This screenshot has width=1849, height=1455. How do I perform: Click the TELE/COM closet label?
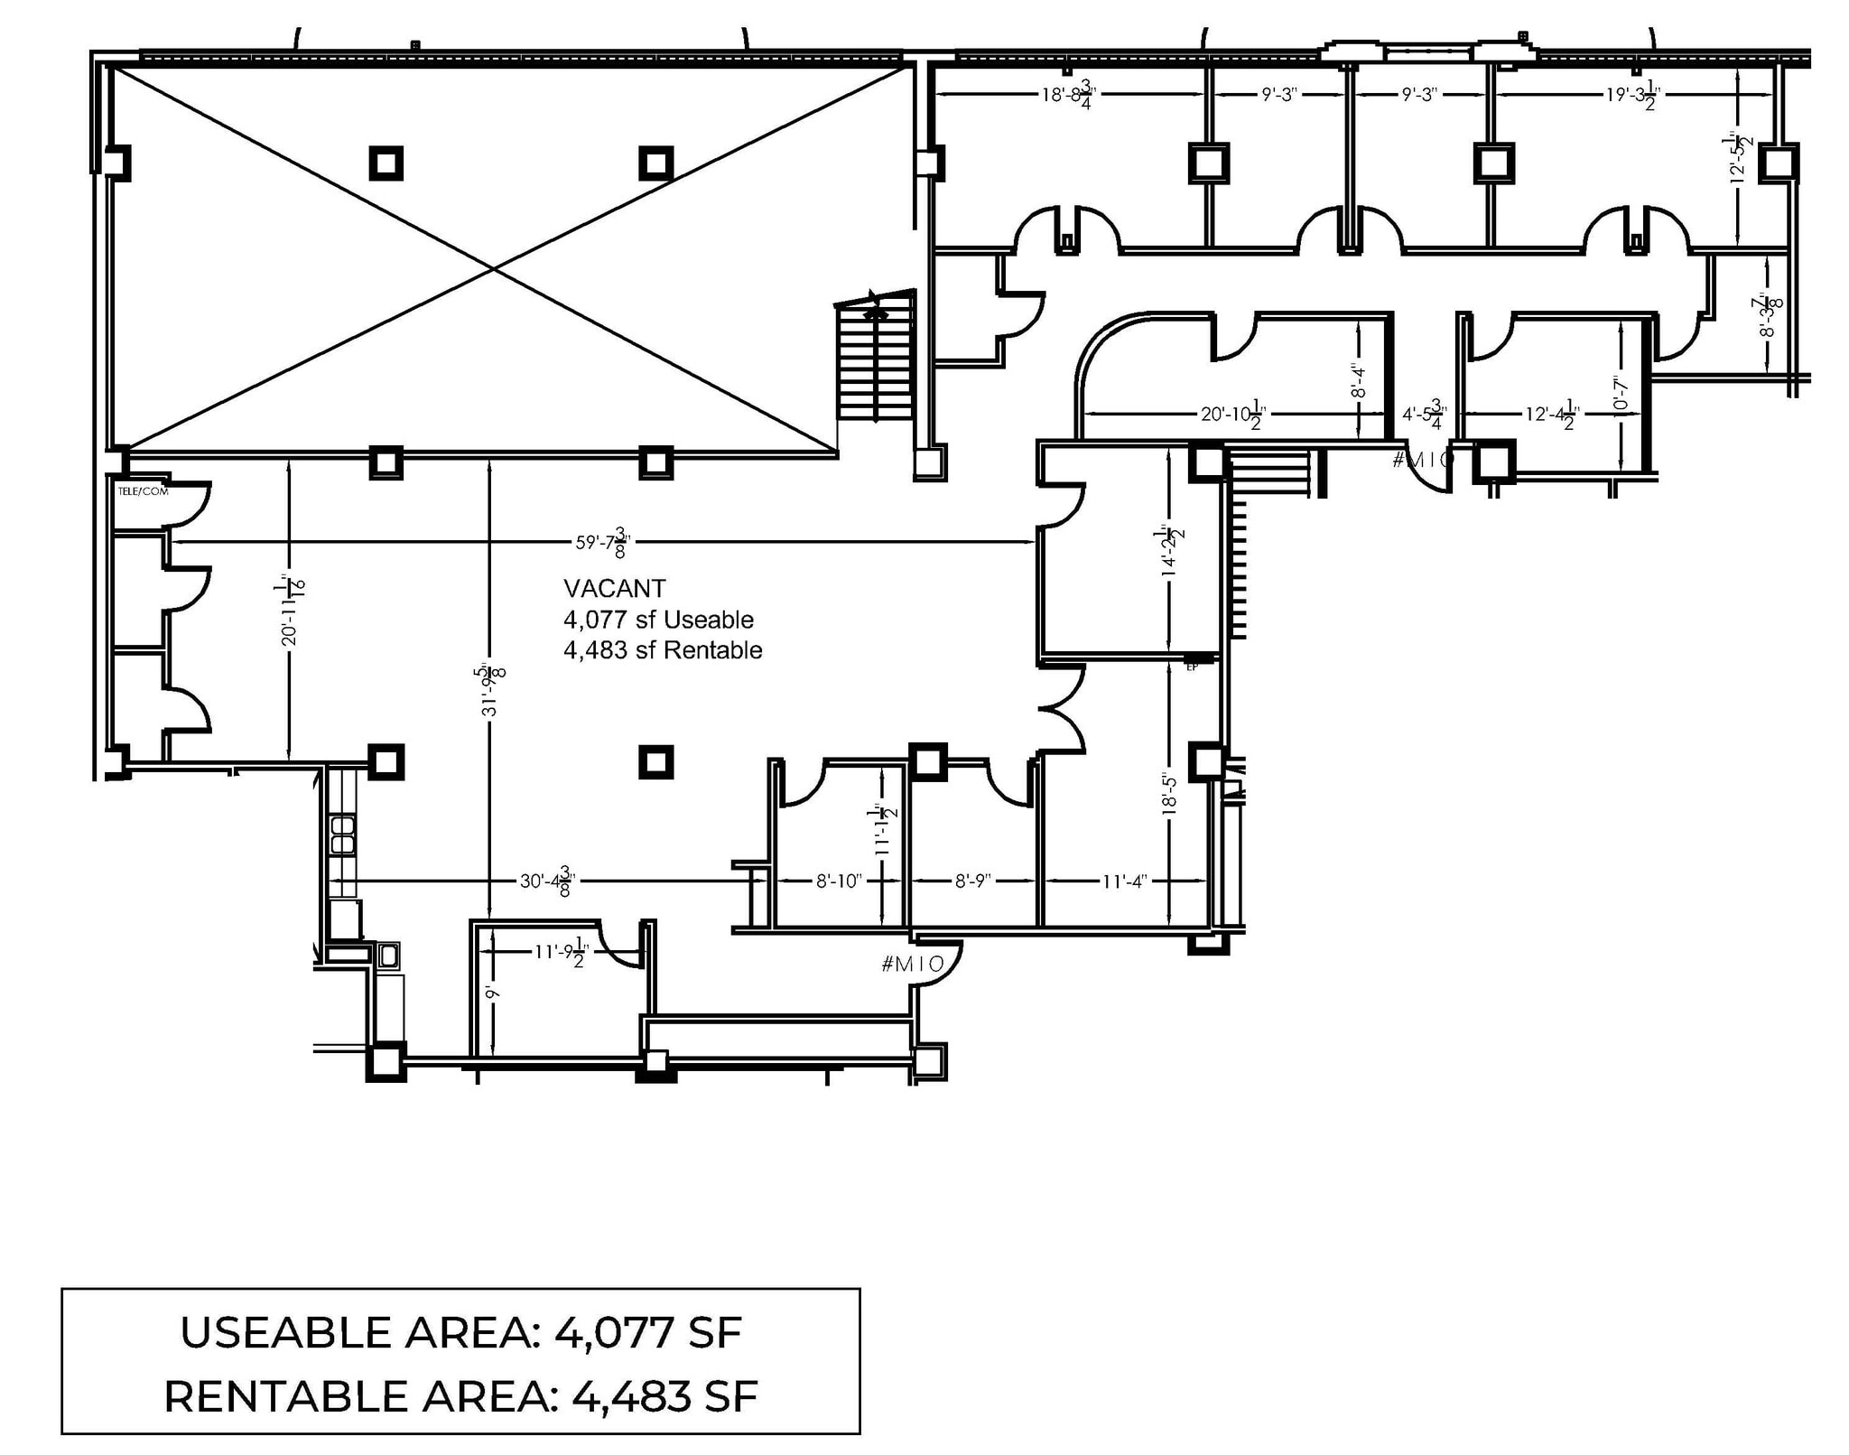[143, 491]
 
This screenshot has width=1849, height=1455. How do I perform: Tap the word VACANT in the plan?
[614, 589]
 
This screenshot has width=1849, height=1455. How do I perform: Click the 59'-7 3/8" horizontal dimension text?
[602, 542]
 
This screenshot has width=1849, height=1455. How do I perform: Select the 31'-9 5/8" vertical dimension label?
[491, 690]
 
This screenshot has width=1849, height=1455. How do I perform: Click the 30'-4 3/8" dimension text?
[547, 881]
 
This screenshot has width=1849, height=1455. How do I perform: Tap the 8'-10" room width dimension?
[839, 881]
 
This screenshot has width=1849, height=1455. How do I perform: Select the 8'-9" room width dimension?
[973, 881]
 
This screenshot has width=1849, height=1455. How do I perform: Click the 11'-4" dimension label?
[1124, 881]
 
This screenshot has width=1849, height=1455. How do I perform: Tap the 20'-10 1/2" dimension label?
[1232, 415]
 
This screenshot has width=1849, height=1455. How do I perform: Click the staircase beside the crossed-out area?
[875, 361]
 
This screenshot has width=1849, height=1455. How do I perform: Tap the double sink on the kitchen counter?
[342, 835]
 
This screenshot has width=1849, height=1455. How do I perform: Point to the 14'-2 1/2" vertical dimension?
[1171, 551]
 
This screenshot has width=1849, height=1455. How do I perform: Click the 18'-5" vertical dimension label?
[1171, 793]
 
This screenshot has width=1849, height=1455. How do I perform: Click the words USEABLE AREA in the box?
[358, 1333]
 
